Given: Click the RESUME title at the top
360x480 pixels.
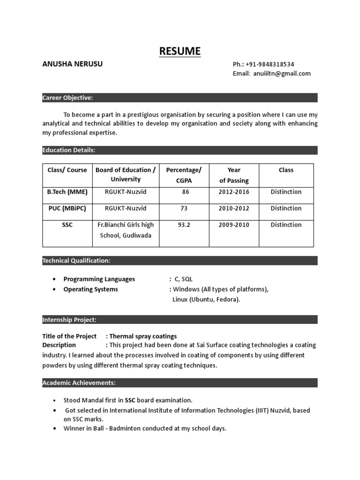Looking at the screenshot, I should point(180,51).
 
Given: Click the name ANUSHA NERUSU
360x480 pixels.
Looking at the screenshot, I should point(72,64).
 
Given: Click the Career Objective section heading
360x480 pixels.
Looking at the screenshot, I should point(67,97).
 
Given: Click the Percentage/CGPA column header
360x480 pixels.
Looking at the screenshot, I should point(184,175).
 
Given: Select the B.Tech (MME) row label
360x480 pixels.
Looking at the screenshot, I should point(67,192).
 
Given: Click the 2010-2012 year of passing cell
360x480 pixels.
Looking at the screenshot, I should point(233,208).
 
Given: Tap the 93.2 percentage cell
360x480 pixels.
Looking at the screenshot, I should point(184,225).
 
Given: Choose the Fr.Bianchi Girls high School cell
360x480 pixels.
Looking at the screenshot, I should point(126,230).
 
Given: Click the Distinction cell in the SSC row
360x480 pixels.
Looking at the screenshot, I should point(286,225).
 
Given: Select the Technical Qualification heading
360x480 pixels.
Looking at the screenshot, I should point(76,261).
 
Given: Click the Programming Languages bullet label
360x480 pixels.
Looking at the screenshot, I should point(99,279).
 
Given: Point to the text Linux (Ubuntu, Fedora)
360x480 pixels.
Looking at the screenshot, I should point(206,300).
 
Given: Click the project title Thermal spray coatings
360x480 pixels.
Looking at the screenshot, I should point(143,336).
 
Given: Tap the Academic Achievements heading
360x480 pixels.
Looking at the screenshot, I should point(79,383).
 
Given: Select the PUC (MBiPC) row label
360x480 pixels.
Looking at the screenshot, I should point(67,208).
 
